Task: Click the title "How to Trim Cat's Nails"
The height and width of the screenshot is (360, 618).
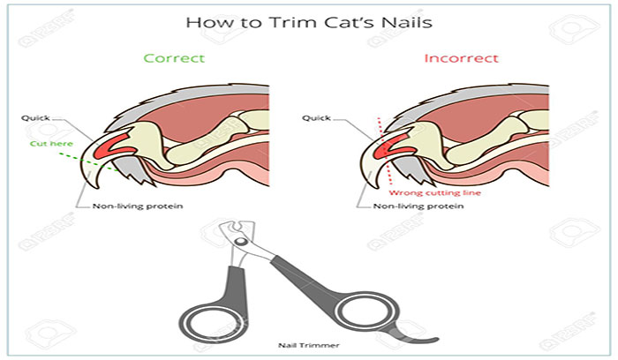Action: click(x=309, y=22)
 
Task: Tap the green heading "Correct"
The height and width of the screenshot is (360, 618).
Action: click(x=174, y=58)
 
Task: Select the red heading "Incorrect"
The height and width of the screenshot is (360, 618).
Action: click(x=461, y=58)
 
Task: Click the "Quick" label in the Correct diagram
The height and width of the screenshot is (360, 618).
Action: click(x=35, y=117)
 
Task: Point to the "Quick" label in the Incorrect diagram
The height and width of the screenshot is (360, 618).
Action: click(x=316, y=117)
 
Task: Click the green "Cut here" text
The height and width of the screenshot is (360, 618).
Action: click(x=51, y=143)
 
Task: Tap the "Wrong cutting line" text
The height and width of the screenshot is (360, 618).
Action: click(x=434, y=192)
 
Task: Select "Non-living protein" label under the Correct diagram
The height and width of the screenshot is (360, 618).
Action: click(x=138, y=206)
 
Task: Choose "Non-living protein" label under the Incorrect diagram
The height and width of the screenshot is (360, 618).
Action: click(x=418, y=206)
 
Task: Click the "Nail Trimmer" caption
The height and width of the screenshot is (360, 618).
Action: click(x=309, y=345)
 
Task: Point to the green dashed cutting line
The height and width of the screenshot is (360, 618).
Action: click(x=89, y=162)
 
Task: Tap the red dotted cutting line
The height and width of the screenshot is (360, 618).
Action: click(x=385, y=151)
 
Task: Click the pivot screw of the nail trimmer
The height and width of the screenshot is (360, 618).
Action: click(x=239, y=241)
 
